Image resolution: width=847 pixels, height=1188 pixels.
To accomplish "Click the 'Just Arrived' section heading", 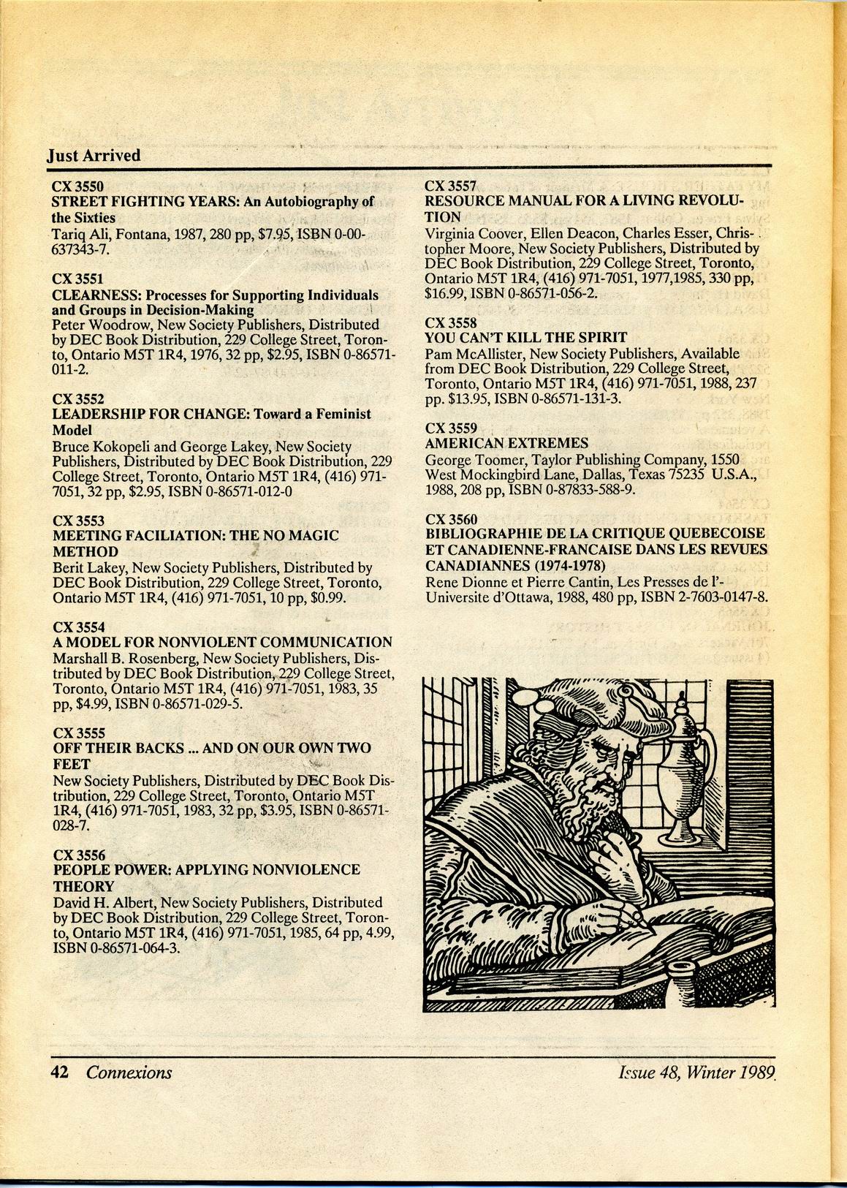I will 94,156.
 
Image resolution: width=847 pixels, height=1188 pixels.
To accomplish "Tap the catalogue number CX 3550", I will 77,186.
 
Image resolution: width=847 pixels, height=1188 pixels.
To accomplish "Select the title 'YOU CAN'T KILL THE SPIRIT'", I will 525,337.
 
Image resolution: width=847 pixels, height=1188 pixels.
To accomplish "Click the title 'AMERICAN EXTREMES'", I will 506,443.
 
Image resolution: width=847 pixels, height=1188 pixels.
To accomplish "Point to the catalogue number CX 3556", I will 79,855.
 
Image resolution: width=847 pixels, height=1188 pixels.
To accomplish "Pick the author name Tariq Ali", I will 79,234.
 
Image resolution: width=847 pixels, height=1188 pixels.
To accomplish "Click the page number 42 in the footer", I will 59,1072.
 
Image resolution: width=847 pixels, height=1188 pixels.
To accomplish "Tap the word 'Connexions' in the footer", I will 129,1072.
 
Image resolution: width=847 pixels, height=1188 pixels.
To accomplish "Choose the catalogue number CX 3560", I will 451,519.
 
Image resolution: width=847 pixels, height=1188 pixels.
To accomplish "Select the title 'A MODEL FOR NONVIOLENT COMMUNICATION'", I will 222,642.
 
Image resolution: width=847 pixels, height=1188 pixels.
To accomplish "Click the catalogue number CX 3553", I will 79,521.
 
